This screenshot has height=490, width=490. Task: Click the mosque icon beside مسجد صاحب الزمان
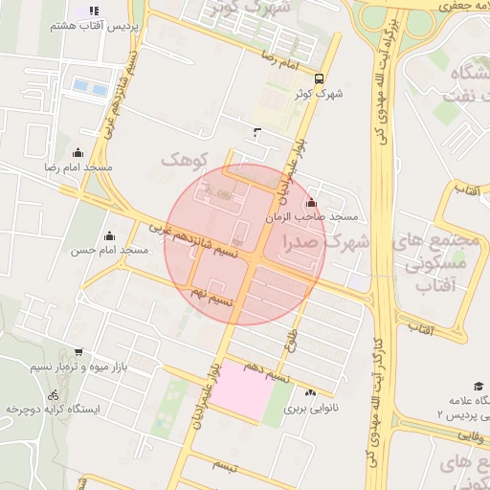[311, 203]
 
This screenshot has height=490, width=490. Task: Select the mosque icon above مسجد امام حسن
[108, 235]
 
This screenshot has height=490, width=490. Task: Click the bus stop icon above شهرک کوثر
[319, 79]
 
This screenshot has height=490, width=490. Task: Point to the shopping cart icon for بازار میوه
[78, 352]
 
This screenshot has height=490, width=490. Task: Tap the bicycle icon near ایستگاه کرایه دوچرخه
[53, 394]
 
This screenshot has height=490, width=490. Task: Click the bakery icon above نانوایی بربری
[310, 393]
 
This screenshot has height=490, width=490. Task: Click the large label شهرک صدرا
[326, 243]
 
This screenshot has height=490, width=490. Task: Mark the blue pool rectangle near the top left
[92, 86]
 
